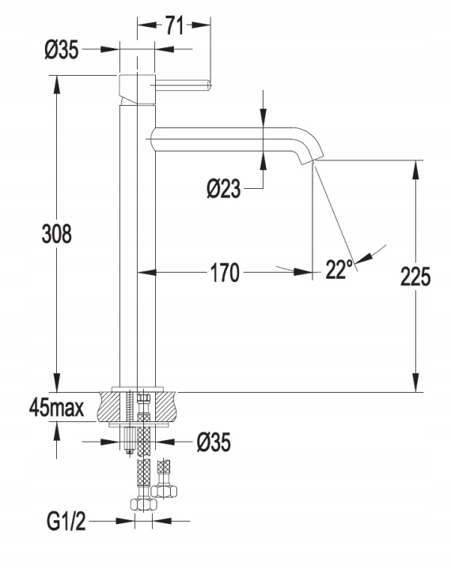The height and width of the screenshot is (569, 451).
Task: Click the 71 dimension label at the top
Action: point(175,25)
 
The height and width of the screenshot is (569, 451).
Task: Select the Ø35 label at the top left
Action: point(62,49)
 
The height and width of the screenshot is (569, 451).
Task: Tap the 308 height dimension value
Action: point(57,234)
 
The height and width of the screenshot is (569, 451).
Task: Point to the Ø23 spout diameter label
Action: point(224,189)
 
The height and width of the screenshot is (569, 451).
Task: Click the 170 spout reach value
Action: point(225,273)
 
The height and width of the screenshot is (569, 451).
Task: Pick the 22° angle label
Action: point(339,269)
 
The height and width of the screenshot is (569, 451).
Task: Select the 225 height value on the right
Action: point(415,277)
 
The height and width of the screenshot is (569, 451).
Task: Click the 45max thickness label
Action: point(57,409)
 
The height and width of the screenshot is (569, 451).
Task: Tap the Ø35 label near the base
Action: point(214,442)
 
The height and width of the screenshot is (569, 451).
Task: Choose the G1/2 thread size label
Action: point(66,521)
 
